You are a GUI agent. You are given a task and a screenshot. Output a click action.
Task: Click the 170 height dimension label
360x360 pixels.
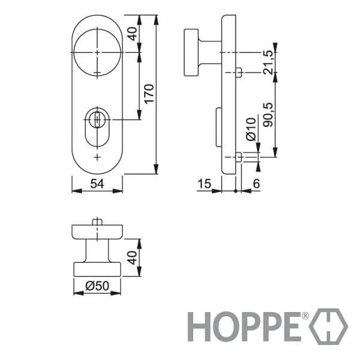tap(149, 94)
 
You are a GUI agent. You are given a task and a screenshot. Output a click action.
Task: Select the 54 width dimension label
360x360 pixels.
tap(97, 184)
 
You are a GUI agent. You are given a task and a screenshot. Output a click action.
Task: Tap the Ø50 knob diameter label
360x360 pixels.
tap(97, 286)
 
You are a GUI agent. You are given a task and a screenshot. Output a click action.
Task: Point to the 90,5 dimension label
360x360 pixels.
tap(268, 115)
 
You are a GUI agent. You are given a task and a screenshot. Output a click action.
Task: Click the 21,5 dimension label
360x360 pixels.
tap(268, 62)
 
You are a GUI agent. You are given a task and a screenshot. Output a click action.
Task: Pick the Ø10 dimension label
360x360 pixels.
tap(251, 129)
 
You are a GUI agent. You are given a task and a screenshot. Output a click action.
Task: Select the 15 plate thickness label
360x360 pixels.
tap(204, 184)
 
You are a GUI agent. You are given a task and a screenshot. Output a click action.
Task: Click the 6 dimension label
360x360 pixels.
tap(256, 184)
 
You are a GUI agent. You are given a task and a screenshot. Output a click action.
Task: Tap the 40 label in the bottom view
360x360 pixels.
tap(133, 257)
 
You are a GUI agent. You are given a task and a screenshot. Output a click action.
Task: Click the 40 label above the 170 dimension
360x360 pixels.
tap(133, 34)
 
